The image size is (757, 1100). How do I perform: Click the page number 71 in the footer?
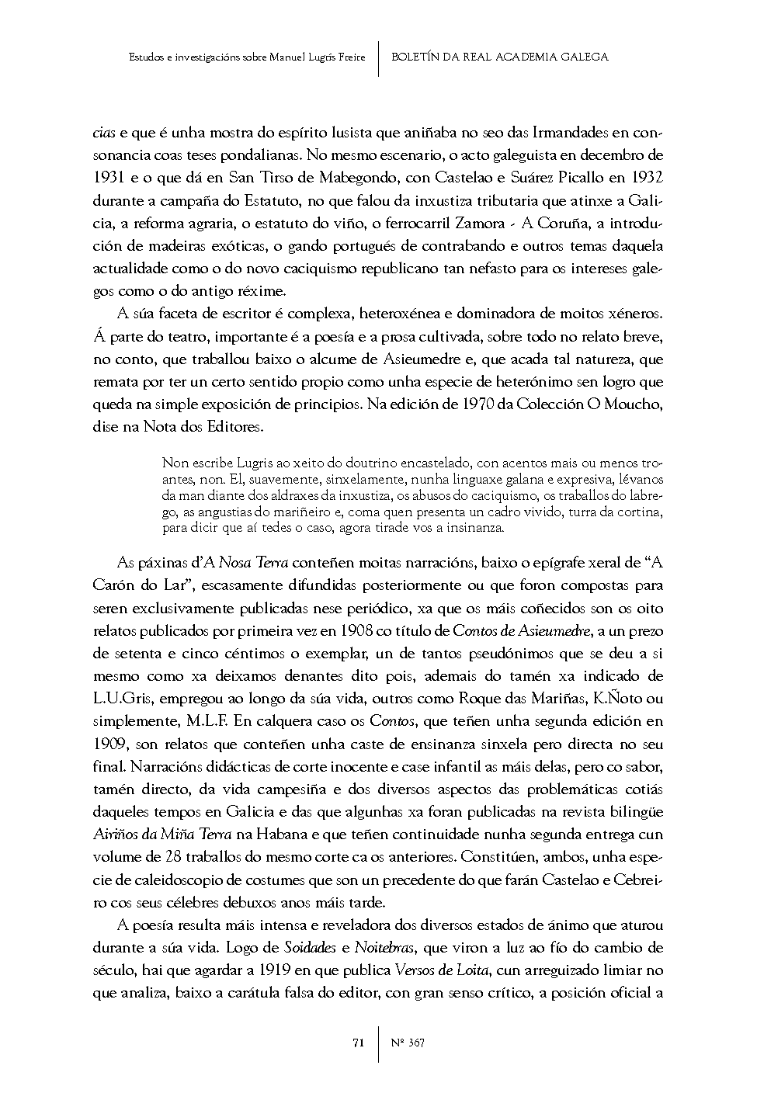point(358,1043)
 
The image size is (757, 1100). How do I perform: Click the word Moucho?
point(632,404)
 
